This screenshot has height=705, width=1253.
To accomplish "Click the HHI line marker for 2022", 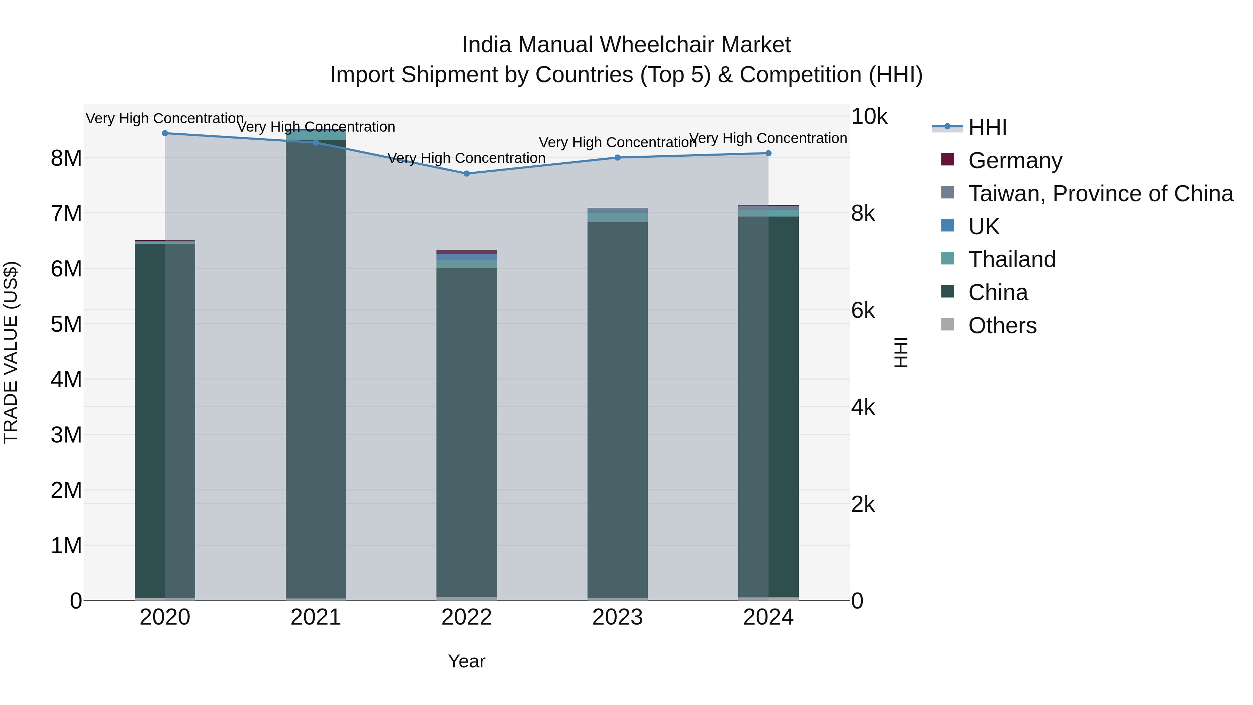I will [x=466, y=173].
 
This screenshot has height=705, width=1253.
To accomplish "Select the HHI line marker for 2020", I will [x=165, y=133].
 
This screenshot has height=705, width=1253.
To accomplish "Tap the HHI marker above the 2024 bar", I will [x=769, y=153].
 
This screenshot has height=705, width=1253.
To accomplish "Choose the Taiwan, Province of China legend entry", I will [x=1100, y=193].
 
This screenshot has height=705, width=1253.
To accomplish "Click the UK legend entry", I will [x=984, y=226].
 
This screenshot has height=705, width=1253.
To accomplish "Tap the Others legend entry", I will [x=1002, y=325].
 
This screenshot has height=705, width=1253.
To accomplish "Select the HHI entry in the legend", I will [x=987, y=127].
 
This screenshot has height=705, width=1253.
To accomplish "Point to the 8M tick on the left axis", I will [x=66, y=158].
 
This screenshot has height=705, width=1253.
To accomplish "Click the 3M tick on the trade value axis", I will [x=66, y=434].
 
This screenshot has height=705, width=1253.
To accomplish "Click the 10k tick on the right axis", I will [x=869, y=116].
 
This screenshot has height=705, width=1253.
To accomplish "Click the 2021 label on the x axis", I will [x=316, y=617].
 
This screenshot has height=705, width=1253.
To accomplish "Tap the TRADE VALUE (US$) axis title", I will [x=11, y=352].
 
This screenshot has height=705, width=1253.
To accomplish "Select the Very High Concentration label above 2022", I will [x=466, y=158].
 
